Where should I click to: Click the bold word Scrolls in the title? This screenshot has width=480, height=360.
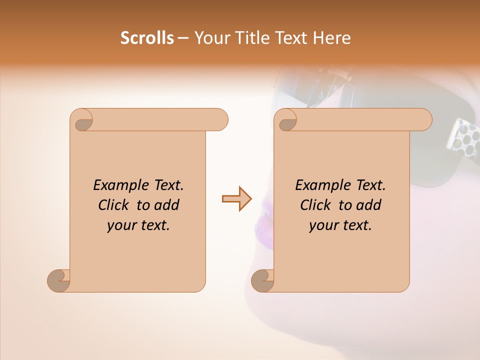click(147, 38)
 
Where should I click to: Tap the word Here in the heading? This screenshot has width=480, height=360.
click(332, 38)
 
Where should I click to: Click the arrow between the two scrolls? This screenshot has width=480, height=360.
click(237, 199)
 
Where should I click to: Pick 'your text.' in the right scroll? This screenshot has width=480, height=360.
click(340, 225)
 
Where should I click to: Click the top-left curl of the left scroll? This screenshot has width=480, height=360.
click(82, 120)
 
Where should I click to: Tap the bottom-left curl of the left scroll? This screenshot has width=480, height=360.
click(59, 280)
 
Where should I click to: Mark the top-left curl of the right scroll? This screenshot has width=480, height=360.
click(286, 120)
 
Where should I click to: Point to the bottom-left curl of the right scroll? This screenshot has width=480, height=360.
click(262, 280)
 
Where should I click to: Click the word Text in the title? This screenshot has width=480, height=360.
click(290, 38)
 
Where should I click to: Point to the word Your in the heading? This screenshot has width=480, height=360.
click(210, 38)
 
